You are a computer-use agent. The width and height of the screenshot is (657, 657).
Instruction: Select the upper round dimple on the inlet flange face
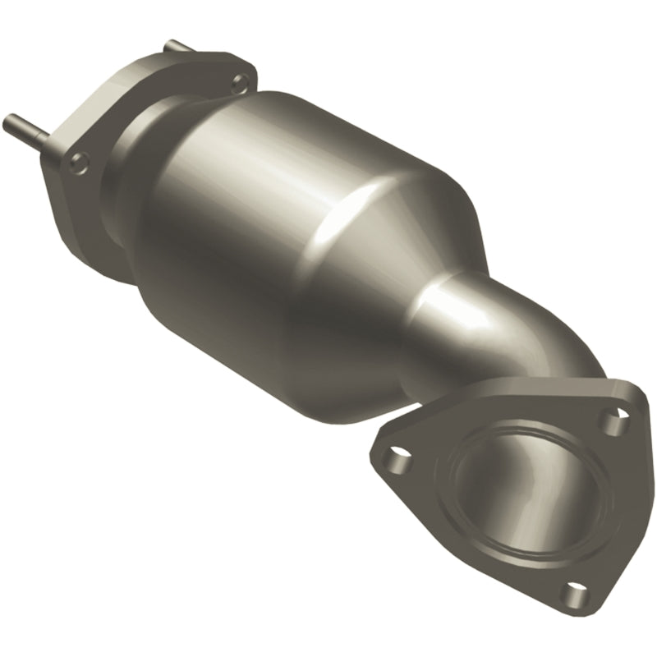[x=239, y=81]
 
